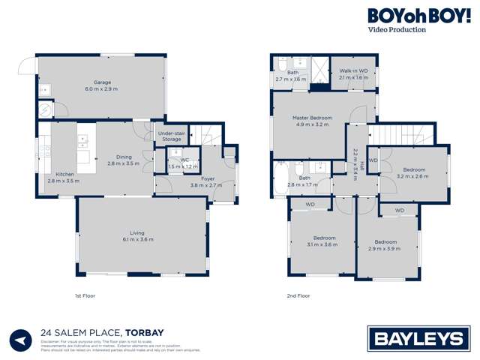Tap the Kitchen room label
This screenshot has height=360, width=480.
click(61, 174)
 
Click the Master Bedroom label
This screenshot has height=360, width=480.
click(312, 118)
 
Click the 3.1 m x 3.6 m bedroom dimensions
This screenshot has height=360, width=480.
click(320, 245)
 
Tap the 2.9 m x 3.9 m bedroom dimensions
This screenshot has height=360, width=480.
click(385, 248)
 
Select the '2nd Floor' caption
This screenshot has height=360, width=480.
click(298, 296)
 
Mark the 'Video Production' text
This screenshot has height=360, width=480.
click(397, 30)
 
